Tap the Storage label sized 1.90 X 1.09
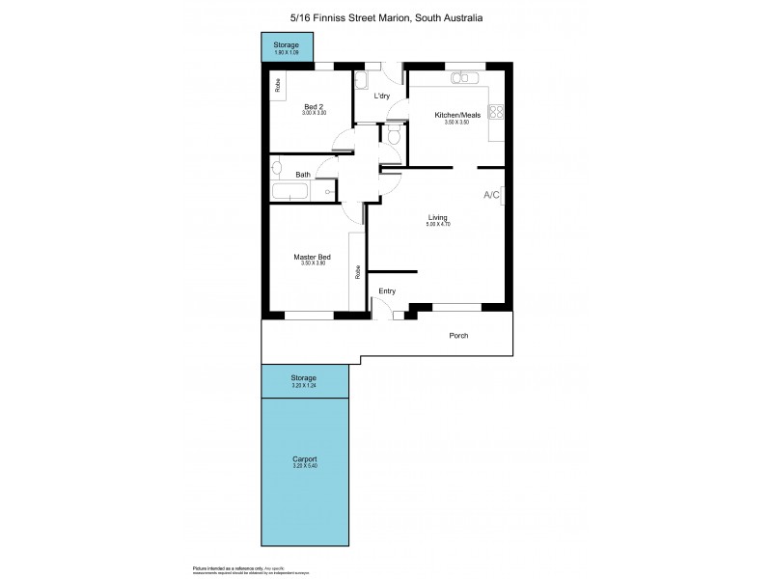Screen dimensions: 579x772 (286, 45)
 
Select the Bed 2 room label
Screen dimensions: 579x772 (315, 106)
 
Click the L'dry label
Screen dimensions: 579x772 (382, 96)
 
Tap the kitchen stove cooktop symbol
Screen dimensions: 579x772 (497, 111)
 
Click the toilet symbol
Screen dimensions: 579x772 (394, 136)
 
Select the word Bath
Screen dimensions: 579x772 (303, 175)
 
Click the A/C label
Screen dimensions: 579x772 (491, 195)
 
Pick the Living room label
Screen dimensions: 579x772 (438, 217)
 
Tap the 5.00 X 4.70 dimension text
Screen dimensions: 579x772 (439, 225)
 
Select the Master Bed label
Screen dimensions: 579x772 (313, 257)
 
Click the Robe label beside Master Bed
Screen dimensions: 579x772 (358, 272)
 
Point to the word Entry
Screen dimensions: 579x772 (387, 290)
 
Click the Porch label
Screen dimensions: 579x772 (459, 336)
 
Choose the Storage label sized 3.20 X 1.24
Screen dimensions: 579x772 (304, 377)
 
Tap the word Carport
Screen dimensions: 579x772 (304, 458)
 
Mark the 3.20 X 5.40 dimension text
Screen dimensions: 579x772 (304, 467)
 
